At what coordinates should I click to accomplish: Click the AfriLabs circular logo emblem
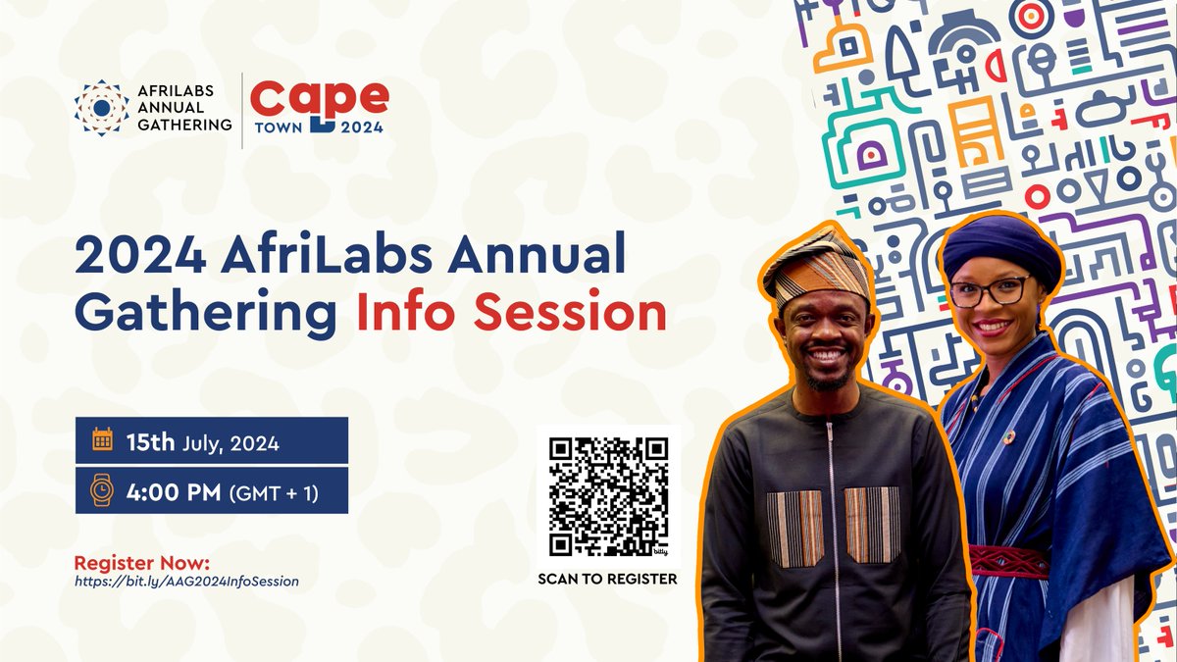coord(101,108)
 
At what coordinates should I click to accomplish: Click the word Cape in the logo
coord(319,97)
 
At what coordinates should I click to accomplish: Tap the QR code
coord(608,495)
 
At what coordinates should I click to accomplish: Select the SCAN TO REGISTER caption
coord(607,579)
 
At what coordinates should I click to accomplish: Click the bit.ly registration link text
coord(186,582)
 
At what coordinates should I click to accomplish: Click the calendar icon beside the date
coord(102,441)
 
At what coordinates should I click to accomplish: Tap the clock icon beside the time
coord(102,489)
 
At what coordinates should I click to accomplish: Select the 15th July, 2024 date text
coord(202,442)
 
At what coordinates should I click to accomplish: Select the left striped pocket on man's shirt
coord(795,528)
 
